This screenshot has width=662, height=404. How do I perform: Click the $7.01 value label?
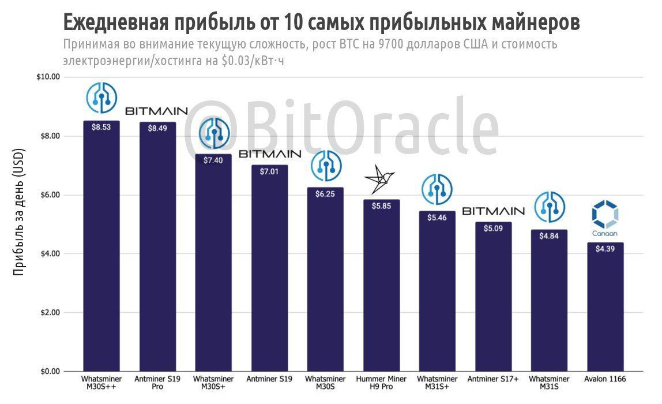(269, 172)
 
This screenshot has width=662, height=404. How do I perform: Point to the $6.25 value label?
(325, 194)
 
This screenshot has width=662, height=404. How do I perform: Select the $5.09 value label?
(493, 229)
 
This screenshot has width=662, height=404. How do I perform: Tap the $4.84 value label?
(549, 236)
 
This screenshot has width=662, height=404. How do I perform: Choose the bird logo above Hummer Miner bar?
(380, 181)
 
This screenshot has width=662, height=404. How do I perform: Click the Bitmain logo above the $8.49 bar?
(156, 110)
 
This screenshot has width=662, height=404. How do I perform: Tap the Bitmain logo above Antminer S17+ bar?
(493, 211)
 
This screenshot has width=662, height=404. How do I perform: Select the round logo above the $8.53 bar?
(101, 97)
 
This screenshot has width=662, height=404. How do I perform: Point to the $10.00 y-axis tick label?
(48, 77)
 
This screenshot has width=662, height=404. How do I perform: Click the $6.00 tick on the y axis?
(50, 195)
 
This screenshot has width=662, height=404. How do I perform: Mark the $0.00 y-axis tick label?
(50, 372)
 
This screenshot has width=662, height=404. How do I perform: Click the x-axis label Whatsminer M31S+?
(437, 383)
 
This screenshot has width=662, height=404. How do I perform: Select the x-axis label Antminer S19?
(269, 379)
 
